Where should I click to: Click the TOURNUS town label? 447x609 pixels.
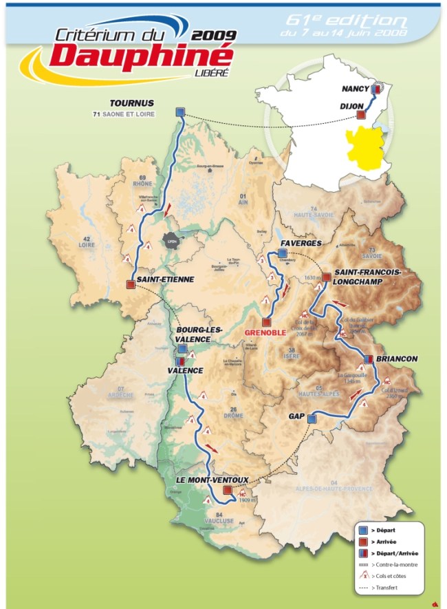pyautogui.click(x=136, y=103)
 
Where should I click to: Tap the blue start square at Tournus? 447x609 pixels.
pyautogui.click(x=180, y=112)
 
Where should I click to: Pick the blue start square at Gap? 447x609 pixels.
pyautogui.click(x=312, y=418)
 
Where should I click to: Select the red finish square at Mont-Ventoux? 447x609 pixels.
pyautogui.click(x=228, y=490)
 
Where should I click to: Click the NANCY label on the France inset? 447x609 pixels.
pyautogui.click(x=356, y=89)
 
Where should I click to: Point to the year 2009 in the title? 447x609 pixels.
pyautogui.click(x=215, y=34)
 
